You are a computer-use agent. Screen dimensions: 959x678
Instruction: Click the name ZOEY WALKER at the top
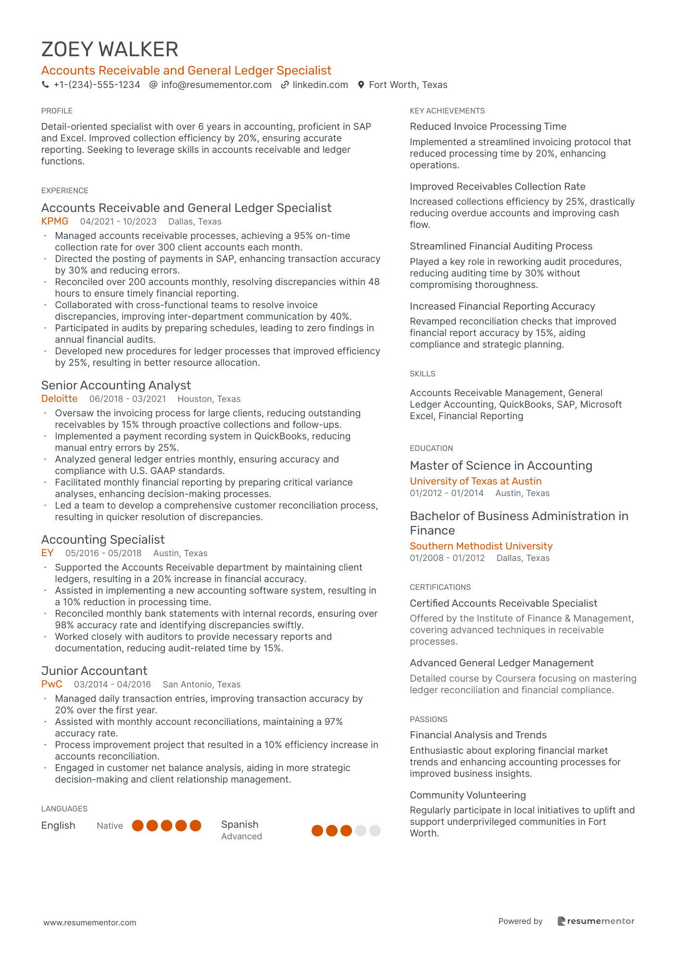point(110,50)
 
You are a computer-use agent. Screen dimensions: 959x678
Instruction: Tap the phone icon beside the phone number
point(45,85)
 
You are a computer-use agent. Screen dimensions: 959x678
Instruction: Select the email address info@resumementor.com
point(216,85)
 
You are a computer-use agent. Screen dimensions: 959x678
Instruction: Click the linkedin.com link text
point(320,85)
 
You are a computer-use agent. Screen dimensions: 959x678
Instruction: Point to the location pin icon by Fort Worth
point(361,85)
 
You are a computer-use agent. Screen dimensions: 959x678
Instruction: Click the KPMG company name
point(55,221)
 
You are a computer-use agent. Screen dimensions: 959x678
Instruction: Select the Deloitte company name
point(59,399)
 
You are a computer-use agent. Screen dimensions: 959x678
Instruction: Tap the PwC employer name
point(51,684)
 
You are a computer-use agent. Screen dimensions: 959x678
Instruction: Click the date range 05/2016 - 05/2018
point(103,553)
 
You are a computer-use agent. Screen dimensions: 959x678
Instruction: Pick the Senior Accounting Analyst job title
point(116,385)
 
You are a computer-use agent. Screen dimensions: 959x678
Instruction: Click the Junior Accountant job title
point(94,671)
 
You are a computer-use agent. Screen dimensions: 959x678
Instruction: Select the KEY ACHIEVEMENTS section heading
point(447,111)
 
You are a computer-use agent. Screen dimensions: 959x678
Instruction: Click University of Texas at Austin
point(476,481)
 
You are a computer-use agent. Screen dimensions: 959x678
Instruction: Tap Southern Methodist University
point(481,546)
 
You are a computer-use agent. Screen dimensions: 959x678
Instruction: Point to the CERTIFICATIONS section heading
point(440,587)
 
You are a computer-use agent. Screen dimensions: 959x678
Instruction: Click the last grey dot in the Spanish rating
point(375,830)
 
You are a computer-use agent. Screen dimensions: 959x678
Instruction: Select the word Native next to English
point(110,825)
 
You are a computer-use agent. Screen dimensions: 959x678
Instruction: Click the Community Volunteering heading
point(467,795)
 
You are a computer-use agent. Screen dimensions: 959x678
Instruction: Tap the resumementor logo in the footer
point(596,921)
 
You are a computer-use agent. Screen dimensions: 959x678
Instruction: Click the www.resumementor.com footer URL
point(90,922)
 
